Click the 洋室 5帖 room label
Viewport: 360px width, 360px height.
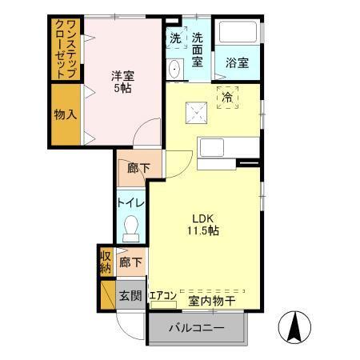122,82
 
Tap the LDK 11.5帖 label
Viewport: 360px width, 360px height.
205,223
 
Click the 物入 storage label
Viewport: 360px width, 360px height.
66,114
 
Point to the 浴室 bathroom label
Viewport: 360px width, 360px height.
237,62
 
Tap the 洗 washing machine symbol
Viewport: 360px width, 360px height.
175,38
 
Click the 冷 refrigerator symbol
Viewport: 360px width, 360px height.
227,97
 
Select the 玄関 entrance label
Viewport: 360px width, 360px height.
130,295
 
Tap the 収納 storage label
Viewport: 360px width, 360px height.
105,262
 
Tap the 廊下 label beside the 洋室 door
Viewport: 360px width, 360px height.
130,169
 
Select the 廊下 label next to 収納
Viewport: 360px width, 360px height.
130,262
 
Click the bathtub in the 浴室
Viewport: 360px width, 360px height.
238,37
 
